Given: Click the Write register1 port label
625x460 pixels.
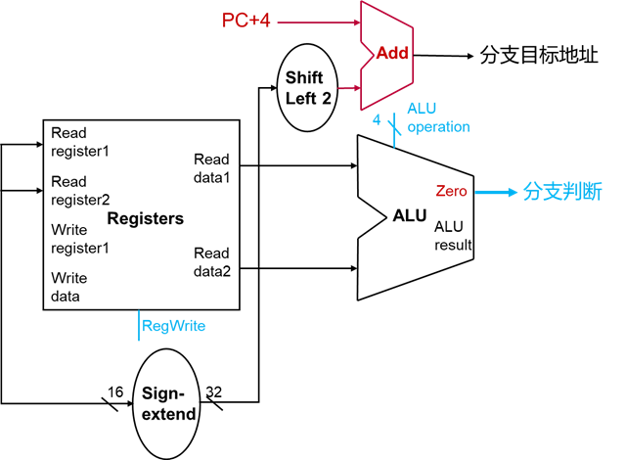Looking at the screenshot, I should [79, 238].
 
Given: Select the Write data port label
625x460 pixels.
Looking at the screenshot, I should [69, 287].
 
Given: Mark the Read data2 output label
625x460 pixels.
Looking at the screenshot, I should [212, 261].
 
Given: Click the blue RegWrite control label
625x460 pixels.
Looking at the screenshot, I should [174, 326].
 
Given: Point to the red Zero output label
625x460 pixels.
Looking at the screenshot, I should [452, 192].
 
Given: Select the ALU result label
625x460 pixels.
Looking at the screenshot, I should [453, 236].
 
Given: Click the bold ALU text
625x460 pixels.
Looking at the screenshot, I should [411, 214].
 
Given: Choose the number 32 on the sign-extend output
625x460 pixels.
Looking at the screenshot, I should [213, 391].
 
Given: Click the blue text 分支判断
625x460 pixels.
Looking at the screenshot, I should [562, 192].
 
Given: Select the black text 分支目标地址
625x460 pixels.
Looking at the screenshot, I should [538, 55].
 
